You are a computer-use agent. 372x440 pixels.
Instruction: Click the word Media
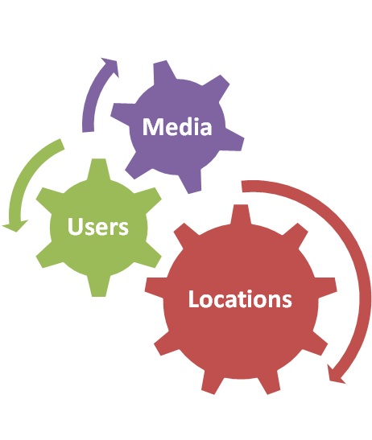177,127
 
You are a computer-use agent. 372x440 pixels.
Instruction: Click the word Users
97,226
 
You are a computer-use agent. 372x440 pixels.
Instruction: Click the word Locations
240,299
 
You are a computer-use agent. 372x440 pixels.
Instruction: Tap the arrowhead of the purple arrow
110,67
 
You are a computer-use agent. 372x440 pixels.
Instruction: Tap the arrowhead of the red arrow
336,374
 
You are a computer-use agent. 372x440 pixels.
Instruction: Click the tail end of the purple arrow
88,131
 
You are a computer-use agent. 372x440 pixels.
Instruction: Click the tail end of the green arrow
61,144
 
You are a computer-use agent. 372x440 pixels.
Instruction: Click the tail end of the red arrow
242,187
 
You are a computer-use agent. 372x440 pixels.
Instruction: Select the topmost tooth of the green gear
98,168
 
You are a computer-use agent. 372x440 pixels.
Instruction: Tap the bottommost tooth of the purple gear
193,183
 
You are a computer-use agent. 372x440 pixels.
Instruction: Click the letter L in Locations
193,299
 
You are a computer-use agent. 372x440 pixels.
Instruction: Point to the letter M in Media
151,127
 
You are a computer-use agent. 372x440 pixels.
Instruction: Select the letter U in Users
74,226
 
